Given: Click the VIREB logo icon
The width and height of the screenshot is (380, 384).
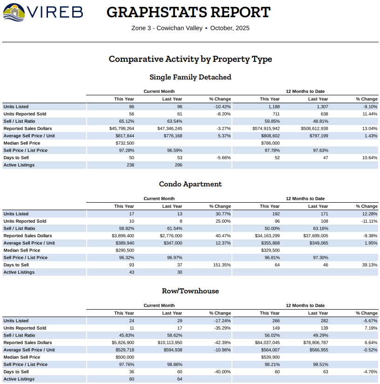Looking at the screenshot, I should (x=14, y=12).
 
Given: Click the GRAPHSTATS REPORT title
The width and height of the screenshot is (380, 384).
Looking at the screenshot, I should (x=188, y=12).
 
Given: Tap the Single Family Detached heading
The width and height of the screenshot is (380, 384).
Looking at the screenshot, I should (x=190, y=77).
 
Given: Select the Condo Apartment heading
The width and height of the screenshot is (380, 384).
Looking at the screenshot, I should (x=190, y=184).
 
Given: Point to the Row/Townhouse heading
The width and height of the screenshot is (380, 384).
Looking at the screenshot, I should (x=190, y=291).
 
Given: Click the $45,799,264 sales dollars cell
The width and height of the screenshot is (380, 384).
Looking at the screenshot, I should (x=122, y=128).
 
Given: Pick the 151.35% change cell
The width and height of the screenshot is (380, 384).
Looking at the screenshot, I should (x=221, y=265).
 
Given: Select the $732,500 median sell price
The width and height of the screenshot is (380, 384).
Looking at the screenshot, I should (x=124, y=143).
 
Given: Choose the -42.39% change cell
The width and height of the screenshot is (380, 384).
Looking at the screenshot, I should (x=221, y=343).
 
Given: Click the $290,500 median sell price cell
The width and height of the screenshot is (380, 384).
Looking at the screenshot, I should (x=124, y=250).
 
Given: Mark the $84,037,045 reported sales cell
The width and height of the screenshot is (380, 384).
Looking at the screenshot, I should (x=267, y=343).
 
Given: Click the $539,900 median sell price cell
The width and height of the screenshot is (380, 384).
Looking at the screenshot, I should (x=270, y=357).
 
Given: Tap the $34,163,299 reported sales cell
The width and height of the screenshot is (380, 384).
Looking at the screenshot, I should (x=267, y=236).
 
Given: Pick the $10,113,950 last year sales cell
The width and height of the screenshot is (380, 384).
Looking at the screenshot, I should (x=170, y=343).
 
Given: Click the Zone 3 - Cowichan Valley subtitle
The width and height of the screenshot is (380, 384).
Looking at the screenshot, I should (x=167, y=28).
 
